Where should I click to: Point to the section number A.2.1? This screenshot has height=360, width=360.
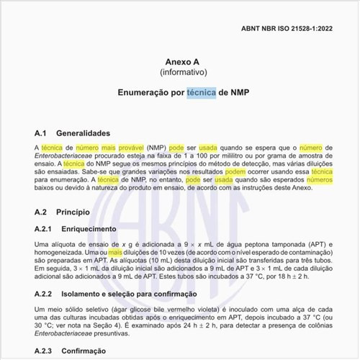tap(44, 229)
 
